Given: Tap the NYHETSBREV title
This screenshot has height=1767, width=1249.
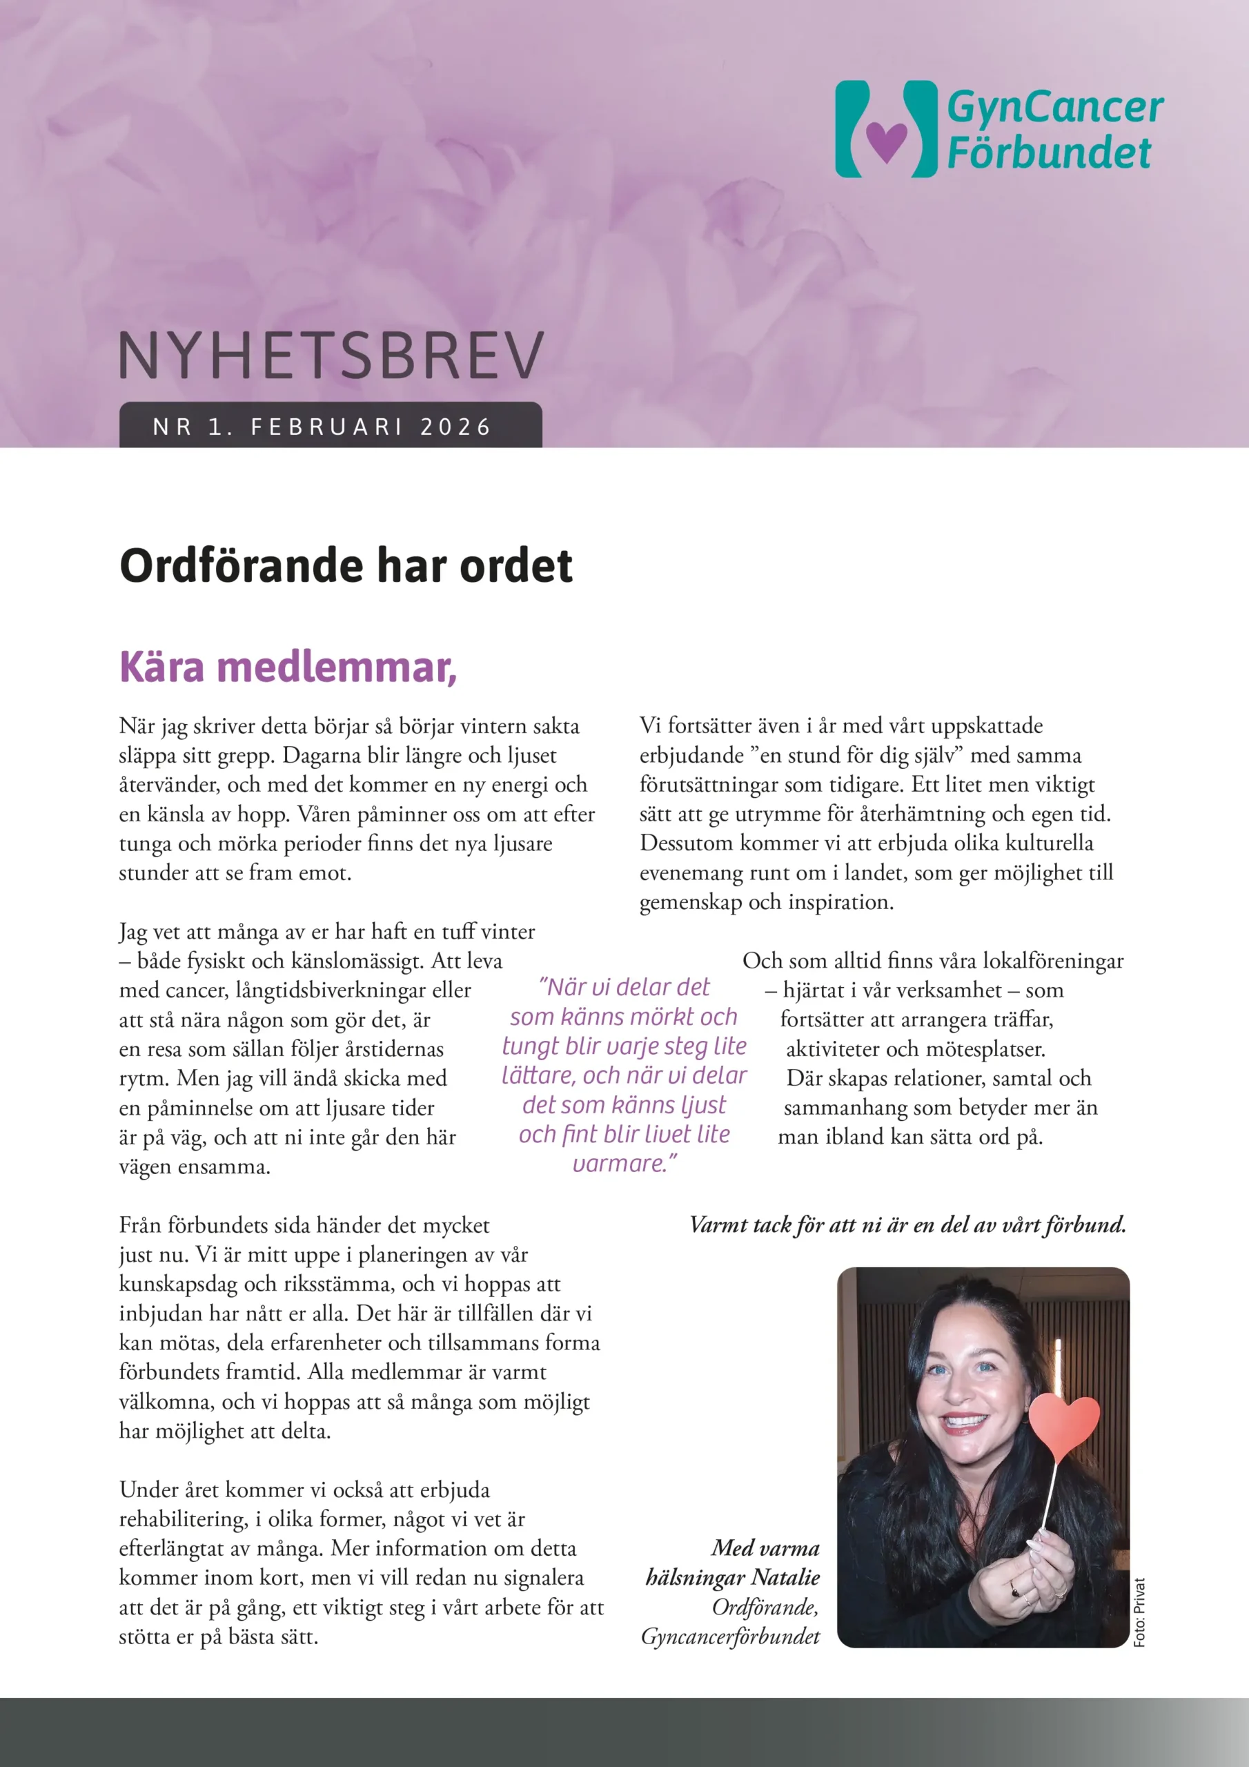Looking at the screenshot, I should click(x=331, y=356).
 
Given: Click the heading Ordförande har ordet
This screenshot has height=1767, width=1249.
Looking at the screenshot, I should click(x=346, y=567).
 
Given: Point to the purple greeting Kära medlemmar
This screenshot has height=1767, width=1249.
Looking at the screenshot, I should click(x=288, y=667).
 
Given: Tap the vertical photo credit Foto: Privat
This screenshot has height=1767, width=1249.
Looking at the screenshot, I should click(x=1140, y=1612).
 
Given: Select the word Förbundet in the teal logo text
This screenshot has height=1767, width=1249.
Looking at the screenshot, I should click(x=1048, y=153).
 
